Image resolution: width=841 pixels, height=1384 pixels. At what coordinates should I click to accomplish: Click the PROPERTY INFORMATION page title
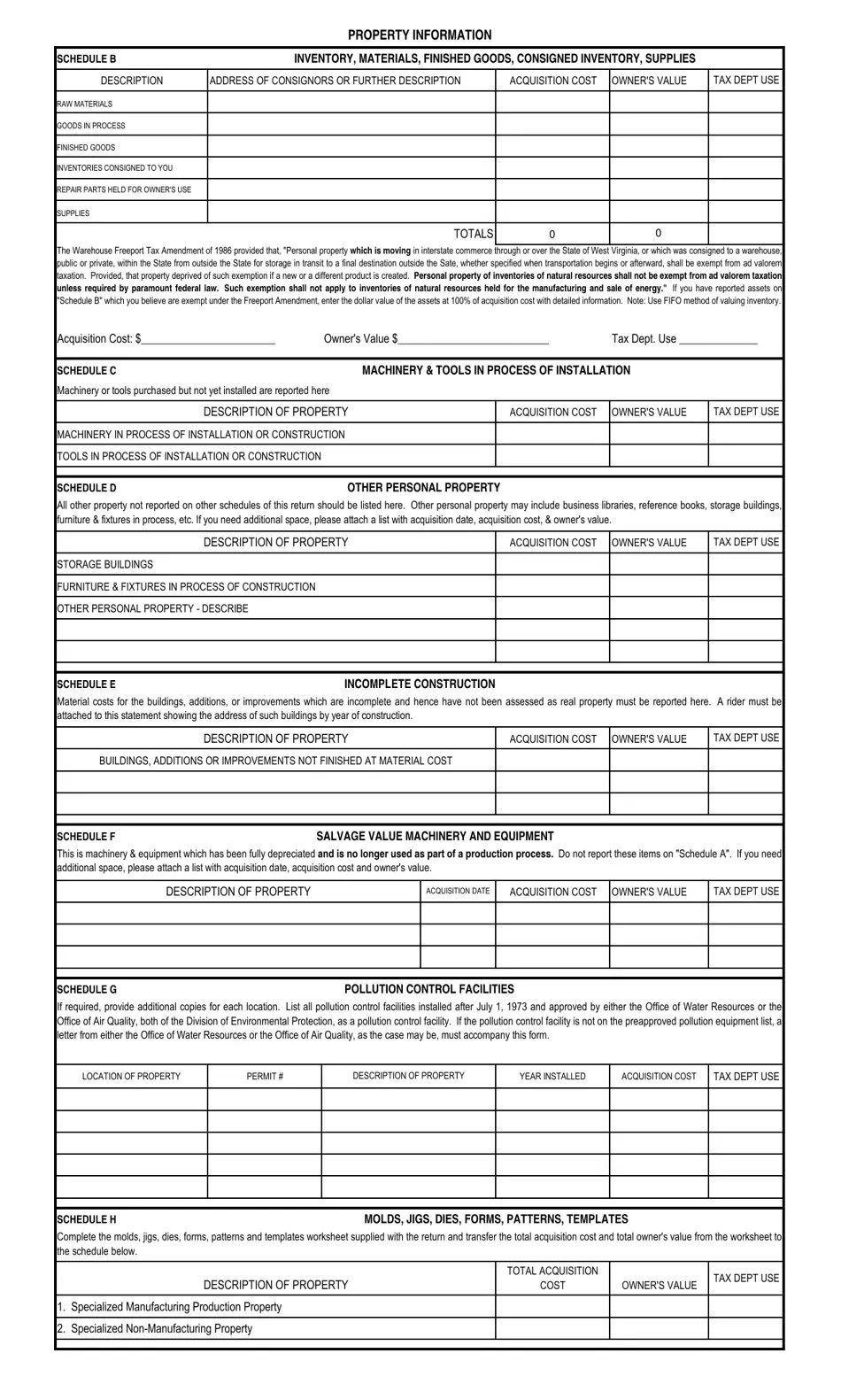pos(419,35)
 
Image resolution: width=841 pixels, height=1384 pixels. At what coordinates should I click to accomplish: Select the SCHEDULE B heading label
pos(87,59)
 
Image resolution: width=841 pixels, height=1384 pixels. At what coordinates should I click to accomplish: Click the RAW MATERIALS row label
pos(85,104)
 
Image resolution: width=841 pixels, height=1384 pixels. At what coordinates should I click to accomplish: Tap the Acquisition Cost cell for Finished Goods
pos(552,147)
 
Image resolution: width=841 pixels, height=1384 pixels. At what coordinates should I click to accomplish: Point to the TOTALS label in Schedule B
pos(473,234)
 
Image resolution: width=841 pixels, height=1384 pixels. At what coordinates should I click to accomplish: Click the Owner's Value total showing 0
pos(658,234)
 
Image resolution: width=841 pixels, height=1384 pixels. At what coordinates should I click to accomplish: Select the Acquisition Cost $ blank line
pos(208,339)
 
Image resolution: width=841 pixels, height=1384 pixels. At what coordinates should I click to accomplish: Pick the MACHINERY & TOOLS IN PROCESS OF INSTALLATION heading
pos(496,370)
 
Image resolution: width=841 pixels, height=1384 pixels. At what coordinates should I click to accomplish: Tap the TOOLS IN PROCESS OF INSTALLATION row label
pos(189,456)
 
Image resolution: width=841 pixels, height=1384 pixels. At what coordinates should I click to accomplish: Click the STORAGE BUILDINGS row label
pos(104,564)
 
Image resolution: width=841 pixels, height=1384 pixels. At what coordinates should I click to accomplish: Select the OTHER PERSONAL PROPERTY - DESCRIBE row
pos(152,608)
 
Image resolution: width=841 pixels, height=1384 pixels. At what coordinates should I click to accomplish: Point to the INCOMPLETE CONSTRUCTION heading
pos(420,684)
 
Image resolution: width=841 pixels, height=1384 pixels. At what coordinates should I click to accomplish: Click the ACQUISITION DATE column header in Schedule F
pos(458,891)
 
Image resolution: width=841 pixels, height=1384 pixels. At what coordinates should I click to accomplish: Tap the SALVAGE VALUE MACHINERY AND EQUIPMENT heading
pos(435,836)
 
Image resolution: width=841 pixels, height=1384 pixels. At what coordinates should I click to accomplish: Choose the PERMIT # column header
pos(265,1077)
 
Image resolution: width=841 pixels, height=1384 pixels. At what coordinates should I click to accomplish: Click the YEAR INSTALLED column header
pos(552,1077)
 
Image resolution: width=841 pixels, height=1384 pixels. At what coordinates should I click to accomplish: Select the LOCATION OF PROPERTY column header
pos(131,1077)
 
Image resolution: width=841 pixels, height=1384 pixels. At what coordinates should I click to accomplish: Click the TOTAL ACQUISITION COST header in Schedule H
pos(552,1278)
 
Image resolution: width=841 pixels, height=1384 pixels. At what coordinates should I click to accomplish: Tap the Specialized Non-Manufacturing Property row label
pos(155,1328)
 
